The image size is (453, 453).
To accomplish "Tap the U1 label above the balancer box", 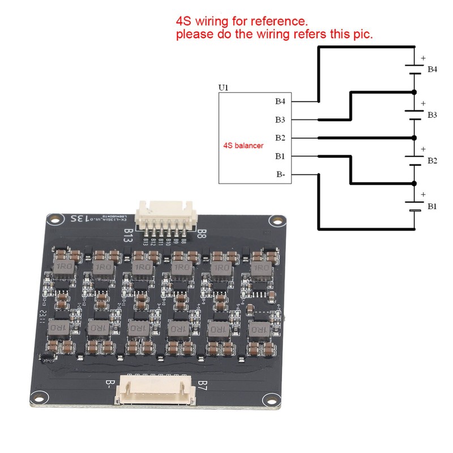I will pyautogui.click(x=224, y=89).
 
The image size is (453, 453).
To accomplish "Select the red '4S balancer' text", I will pyautogui.click(x=242, y=146).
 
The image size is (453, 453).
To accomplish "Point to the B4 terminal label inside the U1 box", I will pyautogui.click(x=280, y=102).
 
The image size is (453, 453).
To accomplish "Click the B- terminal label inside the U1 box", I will pyautogui.click(x=281, y=174).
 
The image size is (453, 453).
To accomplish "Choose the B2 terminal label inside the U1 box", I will pyautogui.click(x=280, y=138).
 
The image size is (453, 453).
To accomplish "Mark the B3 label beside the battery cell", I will pyautogui.click(x=432, y=115).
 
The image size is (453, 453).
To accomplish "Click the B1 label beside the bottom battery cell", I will pyautogui.click(x=432, y=207).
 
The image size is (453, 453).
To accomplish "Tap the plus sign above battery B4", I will pyautogui.click(x=422, y=58).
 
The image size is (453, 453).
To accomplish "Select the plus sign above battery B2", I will pyautogui.click(x=422, y=149).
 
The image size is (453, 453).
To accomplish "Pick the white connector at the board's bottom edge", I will pyautogui.click(x=156, y=391).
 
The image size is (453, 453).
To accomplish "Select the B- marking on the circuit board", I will pyautogui.click(x=110, y=386).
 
